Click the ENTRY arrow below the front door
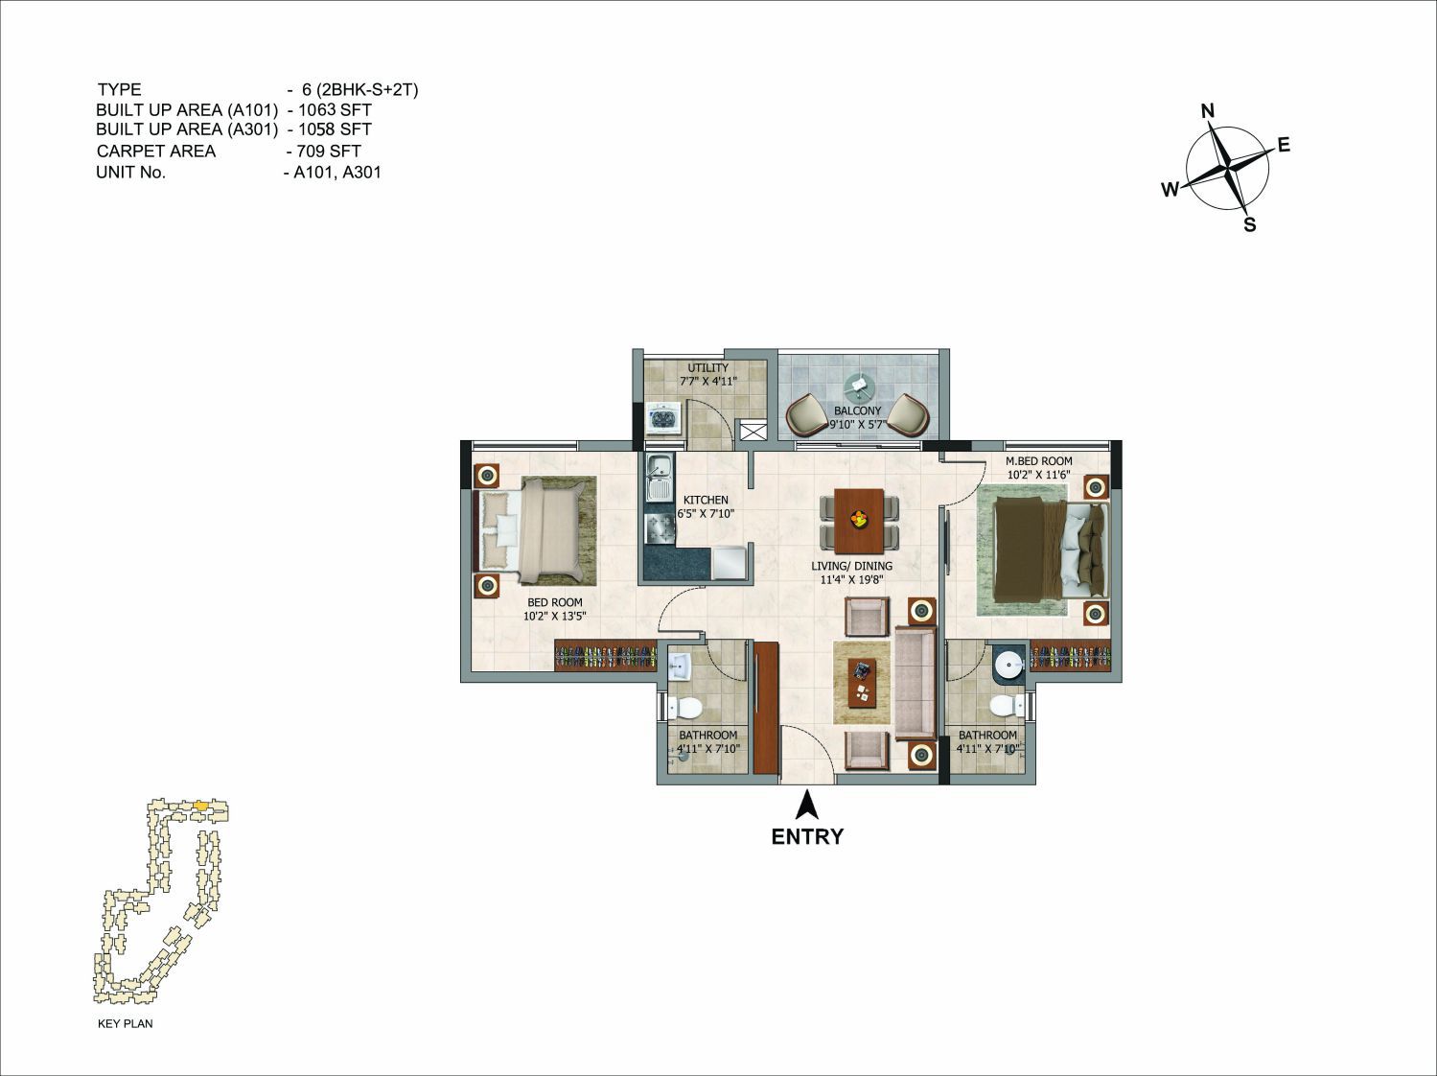coord(808,806)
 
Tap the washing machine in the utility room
coord(664,418)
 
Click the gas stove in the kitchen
coord(659,528)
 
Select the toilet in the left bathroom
coord(685,708)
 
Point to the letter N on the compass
coord(1208,110)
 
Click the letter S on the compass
coord(1249,224)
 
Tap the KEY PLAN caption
coord(125,1023)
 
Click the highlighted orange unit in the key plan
coord(201,805)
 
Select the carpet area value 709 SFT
coord(328,152)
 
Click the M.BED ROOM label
coord(1039,461)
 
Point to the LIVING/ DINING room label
coord(851,566)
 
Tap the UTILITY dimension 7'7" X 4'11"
coord(707,381)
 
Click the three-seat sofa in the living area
coord(916,682)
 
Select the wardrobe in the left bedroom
coord(606,655)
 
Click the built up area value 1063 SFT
coord(335,109)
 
